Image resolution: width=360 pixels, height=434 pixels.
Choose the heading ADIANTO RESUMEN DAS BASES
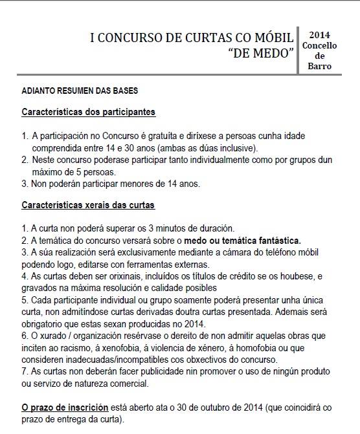[79, 91]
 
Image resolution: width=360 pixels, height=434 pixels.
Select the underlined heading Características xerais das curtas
[93, 205]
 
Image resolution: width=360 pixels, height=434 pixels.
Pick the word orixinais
[116, 276]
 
